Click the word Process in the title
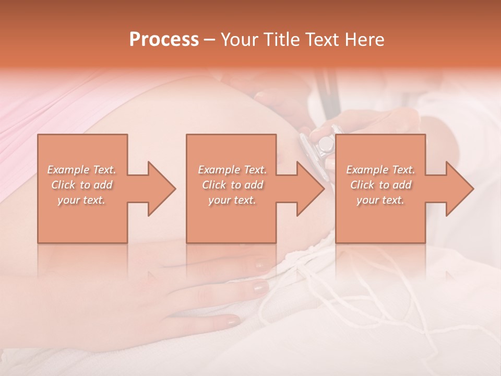164,40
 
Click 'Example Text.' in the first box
81,170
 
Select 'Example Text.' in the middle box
232,170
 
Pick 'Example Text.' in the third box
380,170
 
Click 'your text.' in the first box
81,200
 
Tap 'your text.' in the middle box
232,200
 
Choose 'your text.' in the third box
380,200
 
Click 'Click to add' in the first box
81,185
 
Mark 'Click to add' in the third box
380,185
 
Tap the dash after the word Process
210,40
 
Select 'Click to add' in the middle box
232,185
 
